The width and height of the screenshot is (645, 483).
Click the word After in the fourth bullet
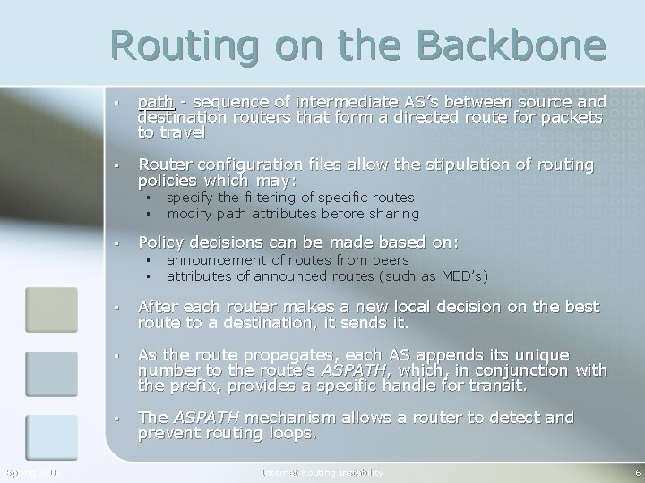[x=157, y=307]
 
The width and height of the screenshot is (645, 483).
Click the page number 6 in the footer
[x=635, y=472]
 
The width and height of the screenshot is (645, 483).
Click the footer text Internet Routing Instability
[x=322, y=472]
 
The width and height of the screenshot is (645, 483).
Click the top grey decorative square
[x=51, y=309]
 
